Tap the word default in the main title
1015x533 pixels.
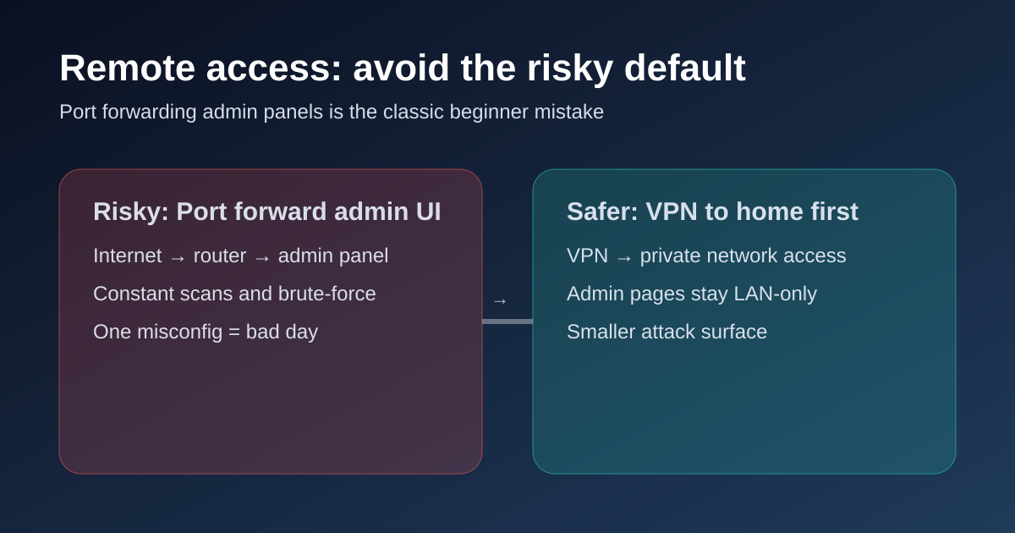[684, 68]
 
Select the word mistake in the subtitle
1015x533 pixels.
[568, 112]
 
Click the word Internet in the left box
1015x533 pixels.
[127, 256]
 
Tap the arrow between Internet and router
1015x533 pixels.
[178, 257]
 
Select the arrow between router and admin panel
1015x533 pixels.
[262, 257]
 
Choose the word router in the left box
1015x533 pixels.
[220, 256]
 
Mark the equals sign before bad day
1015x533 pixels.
[234, 332]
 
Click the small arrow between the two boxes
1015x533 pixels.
[500, 301]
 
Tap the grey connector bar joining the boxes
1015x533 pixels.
[507, 321]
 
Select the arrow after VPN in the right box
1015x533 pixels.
[624, 257]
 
